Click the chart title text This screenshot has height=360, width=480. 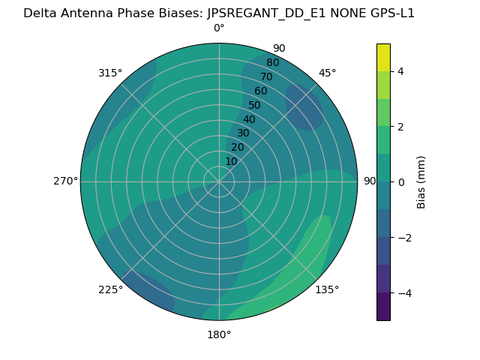[219, 13]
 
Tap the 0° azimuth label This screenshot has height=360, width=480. [219, 28]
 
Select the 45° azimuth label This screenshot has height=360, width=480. [327, 73]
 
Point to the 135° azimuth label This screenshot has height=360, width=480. [327, 289]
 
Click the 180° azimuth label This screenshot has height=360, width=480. [219, 334]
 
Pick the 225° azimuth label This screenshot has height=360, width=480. [110, 289]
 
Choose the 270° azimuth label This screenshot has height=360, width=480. [65, 181]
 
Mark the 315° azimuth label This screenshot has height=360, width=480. [110, 73]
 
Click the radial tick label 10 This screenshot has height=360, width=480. [231, 161]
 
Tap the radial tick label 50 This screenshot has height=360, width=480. [254, 105]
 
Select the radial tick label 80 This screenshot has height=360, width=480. [272, 62]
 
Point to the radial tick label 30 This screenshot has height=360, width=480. [243, 133]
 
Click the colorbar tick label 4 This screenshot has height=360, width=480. [400, 71]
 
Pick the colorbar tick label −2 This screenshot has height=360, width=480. [403, 238]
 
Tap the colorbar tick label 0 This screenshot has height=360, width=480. [400, 182]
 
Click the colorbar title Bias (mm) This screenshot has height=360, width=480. [421, 182]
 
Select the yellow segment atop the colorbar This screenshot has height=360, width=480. [383, 58]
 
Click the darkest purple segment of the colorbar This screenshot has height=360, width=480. [383, 306]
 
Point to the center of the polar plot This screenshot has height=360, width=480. [219, 181]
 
